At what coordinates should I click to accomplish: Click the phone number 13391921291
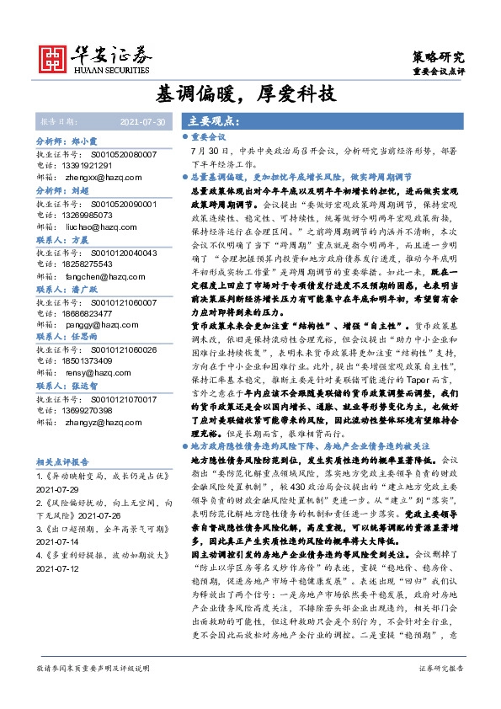(94, 167)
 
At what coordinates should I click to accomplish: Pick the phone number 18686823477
(94, 312)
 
